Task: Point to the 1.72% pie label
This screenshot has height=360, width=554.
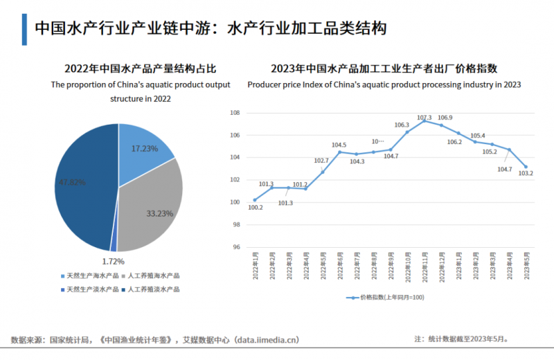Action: [113, 261]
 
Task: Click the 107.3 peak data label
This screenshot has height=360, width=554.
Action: [425, 118]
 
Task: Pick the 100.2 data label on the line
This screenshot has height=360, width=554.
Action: [255, 207]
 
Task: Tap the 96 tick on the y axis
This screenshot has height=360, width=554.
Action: [235, 247]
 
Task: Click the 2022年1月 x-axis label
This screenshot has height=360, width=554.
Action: [256, 267]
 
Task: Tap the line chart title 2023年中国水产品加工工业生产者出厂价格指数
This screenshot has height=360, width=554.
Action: [384, 69]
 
